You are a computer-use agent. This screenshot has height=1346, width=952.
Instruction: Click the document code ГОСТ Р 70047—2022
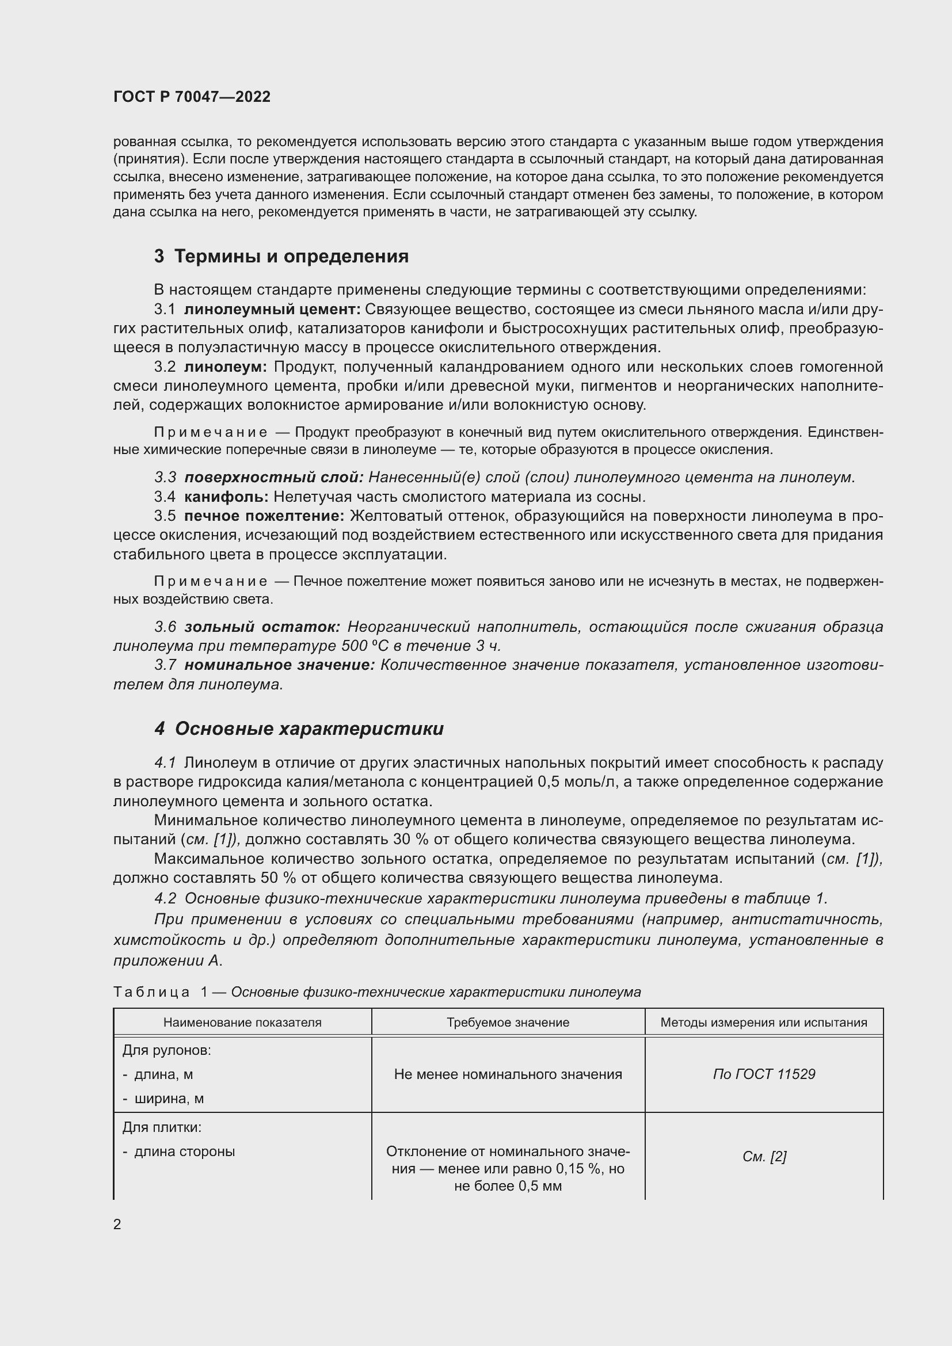192,97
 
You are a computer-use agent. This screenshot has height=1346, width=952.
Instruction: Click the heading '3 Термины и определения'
281,256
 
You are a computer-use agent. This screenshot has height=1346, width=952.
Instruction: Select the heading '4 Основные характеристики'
299,729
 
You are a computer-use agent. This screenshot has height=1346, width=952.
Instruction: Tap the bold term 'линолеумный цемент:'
272,309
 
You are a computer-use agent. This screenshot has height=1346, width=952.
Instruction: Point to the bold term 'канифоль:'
226,497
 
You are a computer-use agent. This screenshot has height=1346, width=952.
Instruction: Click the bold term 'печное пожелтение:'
264,516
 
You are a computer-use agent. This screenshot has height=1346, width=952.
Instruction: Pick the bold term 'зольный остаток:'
262,627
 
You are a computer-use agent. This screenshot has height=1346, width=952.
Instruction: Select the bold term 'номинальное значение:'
279,665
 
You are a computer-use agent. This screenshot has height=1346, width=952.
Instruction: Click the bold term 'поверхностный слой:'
274,477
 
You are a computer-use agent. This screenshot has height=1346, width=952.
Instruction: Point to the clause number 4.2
165,898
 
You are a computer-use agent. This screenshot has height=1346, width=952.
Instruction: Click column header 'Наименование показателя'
242,1023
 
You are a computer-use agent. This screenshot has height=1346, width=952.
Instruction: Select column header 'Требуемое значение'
508,1023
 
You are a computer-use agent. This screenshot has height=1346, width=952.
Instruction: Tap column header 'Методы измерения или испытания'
763,1023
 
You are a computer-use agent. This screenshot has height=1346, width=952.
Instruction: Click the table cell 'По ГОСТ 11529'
763,1074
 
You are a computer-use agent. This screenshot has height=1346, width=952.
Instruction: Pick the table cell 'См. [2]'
763,1157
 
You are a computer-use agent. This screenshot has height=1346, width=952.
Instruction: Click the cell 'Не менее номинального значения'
508,1074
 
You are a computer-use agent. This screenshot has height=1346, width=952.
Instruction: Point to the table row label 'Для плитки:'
161,1127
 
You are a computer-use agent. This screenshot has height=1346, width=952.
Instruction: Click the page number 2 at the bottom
117,1224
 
